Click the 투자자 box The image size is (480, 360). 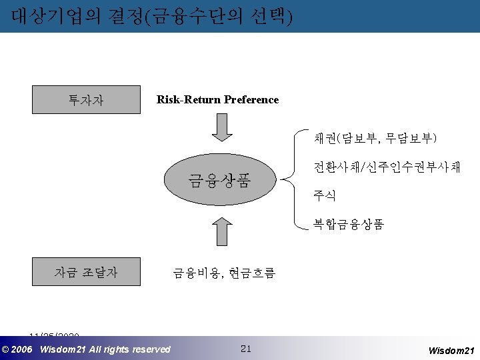(86, 100)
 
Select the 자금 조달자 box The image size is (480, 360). (86, 271)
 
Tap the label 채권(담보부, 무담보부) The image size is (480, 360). (376, 139)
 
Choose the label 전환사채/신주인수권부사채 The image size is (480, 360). (387, 167)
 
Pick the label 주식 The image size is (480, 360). (325, 196)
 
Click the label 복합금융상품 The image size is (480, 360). (349, 225)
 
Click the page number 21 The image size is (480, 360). (245, 349)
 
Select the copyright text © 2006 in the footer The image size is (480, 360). (18, 349)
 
